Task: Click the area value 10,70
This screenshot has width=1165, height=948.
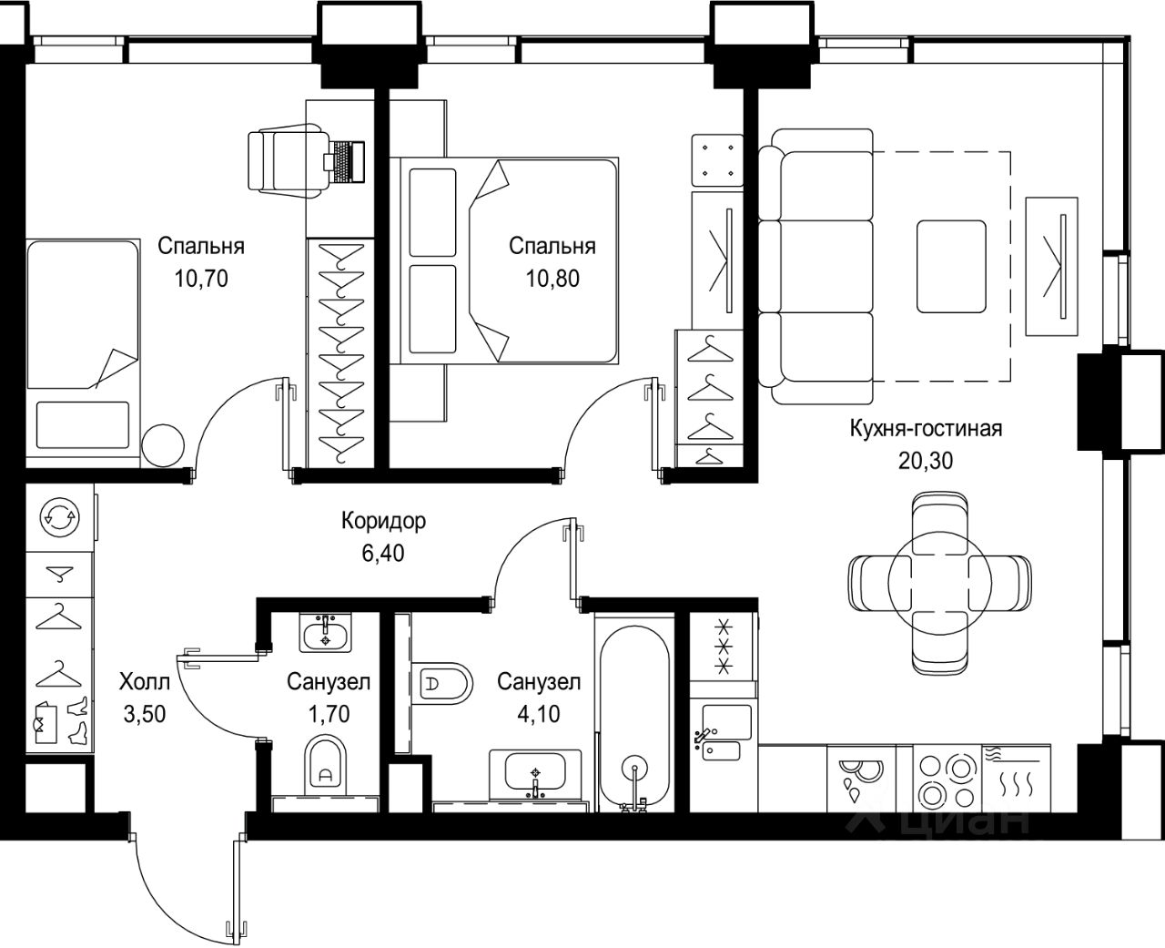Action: pos(201,279)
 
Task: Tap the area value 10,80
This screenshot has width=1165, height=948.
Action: pos(552,279)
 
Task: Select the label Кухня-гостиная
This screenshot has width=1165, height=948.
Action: pos(926,429)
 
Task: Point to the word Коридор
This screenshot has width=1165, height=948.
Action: pos(383,521)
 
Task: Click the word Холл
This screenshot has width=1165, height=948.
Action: pos(145,682)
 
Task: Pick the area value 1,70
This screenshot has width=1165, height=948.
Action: pos(329,714)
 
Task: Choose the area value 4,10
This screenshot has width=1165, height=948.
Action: pos(539,714)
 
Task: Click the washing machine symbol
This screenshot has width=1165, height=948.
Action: pos(60,516)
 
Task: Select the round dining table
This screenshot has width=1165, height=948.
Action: pos(939,584)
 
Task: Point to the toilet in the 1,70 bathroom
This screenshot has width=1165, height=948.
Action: pos(326,763)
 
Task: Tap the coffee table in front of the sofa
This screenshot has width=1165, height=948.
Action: pos(952,267)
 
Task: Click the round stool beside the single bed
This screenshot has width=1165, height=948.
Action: pos(163,445)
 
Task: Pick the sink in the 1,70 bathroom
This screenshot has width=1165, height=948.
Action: pos(326,632)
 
